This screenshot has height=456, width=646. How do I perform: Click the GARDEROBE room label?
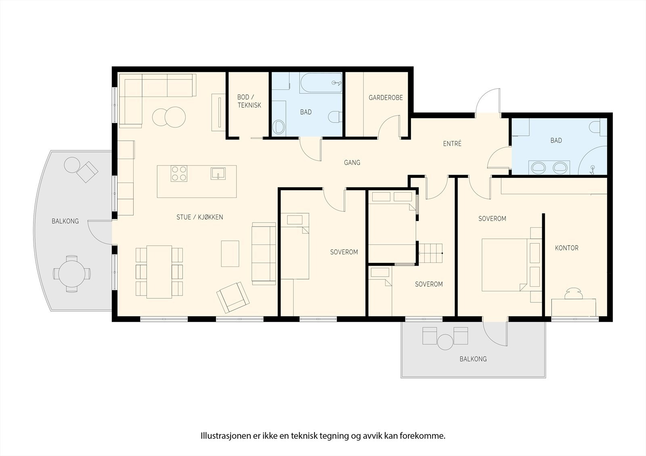coord(386,98)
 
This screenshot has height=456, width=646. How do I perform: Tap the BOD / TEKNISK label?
coord(249,101)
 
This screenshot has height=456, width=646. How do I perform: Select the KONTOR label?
coord(567,248)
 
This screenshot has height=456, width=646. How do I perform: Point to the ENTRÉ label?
coord(452,143)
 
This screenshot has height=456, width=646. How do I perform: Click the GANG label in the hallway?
coord(352,162)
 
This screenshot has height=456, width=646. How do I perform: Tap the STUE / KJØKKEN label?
coord(199,217)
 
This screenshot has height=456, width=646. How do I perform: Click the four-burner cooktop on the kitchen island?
coord(179,173)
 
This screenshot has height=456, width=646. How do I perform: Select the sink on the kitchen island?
coord(218,173)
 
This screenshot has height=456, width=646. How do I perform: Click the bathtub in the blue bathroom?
coord(321,83)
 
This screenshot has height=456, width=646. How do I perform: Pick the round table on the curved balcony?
coord(72,274)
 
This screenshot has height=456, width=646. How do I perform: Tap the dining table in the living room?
coord(159,272)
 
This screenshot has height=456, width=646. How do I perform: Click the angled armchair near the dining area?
coord(233,297)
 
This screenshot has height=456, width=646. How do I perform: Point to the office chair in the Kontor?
coord(574,294)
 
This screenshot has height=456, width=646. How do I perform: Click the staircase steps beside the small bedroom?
coord(430,253)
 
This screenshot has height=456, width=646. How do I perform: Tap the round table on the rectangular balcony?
coord(445,342)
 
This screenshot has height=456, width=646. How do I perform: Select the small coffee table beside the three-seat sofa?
coord(230,254)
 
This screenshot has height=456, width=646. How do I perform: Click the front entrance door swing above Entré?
coord(488,101)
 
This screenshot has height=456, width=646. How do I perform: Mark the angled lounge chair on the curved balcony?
coord(87,172)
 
